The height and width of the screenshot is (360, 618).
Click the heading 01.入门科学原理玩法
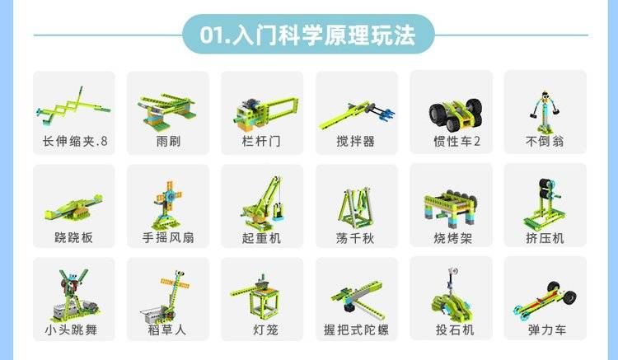point(307,35)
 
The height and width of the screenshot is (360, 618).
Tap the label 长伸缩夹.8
point(75,141)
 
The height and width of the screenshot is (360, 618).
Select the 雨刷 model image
point(167,110)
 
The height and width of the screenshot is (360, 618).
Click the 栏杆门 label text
point(261,141)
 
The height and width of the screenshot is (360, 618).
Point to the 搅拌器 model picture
point(357,115)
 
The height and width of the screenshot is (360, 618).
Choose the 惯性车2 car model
point(456,115)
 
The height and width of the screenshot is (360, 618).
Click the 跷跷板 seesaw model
point(73,207)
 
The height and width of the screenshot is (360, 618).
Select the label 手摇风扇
point(168,237)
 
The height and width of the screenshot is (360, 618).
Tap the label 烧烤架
point(452,238)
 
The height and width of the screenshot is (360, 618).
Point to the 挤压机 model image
point(543,204)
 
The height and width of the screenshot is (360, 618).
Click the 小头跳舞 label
point(71,330)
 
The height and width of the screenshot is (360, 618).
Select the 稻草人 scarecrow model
point(166,297)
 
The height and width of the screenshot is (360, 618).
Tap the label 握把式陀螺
point(356,330)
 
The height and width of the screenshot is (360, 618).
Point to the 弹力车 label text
point(546,330)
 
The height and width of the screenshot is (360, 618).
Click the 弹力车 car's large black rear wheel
point(569,297)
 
